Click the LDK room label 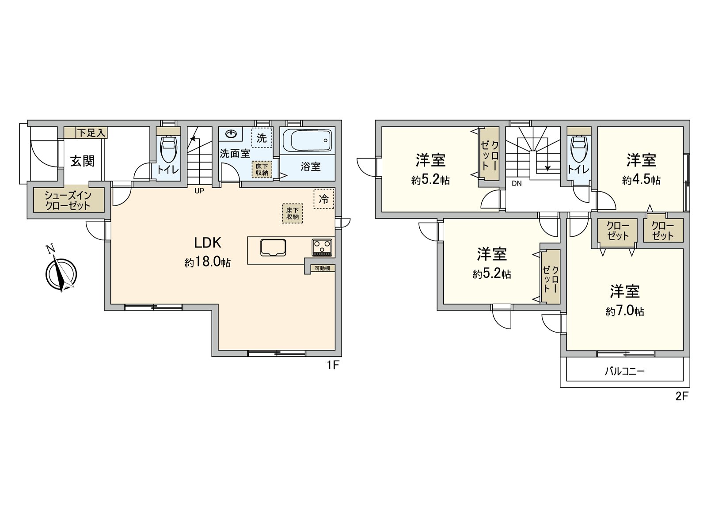[208, 243]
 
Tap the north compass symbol [61, 274]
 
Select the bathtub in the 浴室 [307, 140]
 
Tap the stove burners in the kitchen [322, 247]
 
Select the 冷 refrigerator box [324, 199]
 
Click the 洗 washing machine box [262, 138]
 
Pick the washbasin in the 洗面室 [231, 133]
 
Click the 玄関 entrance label [83, 161]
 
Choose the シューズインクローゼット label [68, 200]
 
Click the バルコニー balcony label [624, 371]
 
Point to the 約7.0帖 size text [625, 311]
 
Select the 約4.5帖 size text [641, 180]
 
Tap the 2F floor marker [682, 396]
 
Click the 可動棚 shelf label [323, 268]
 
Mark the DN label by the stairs [517, 183]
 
